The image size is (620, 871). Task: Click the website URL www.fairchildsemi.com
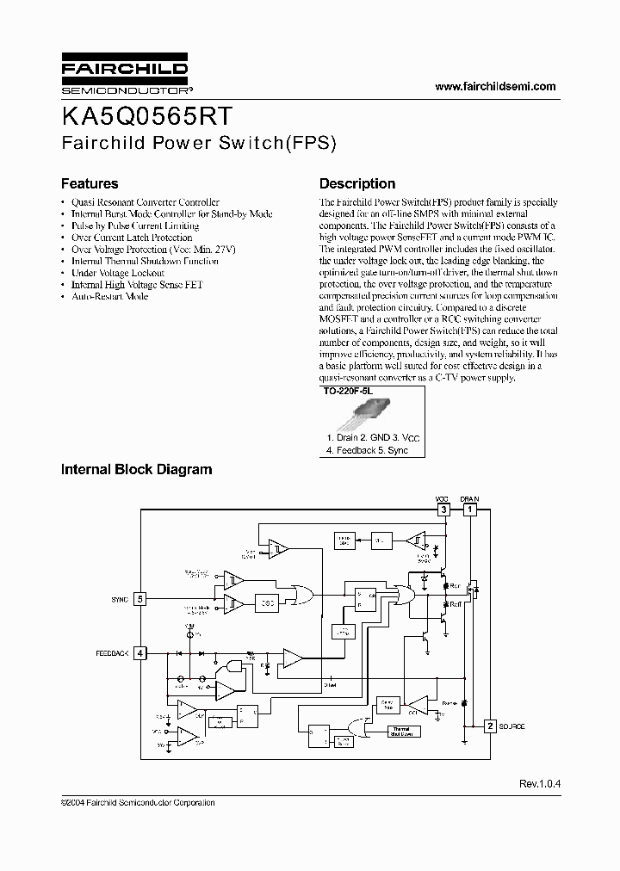pyautogui.click(x=495, y=86)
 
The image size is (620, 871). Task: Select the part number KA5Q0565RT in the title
pyautogui.click(x=146, y=117)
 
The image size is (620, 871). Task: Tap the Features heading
pyautogui.click(x=90, y=183)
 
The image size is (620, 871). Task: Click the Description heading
pyautogui.click(x=357, y=183)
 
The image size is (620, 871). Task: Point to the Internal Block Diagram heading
pyautogui.click(x=136, y=469)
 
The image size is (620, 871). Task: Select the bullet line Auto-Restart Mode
pyautogui.click(x=109, y=296)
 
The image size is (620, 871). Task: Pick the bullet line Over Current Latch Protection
pyautogui.click(x=131, y=238)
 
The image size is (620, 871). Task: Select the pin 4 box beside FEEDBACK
pyautogui.click(x=140, y=653)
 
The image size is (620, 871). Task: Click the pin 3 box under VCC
pyautogui.click(x=443, y=510)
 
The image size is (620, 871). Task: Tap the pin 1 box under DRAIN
pyautogui.click(x=469, y=510)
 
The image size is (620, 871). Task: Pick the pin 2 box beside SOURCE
pyautogui.click(x=490, y=726)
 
